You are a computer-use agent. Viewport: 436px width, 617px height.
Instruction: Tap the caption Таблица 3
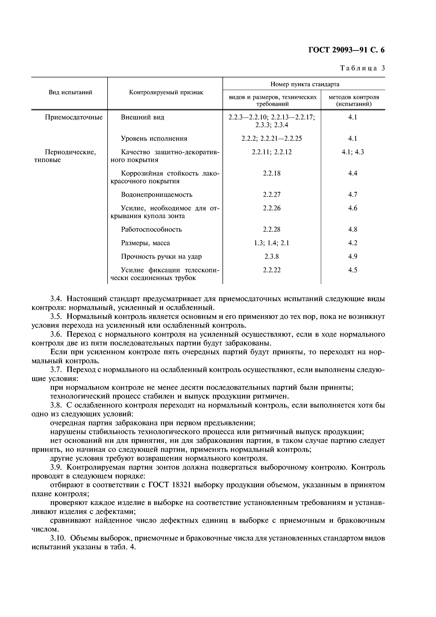pos(362,68)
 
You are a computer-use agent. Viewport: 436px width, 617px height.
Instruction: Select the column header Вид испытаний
pos(70,93)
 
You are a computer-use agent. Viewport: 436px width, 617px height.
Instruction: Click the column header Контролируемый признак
pos(166,93)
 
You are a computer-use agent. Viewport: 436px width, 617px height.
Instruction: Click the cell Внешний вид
pos(142,117)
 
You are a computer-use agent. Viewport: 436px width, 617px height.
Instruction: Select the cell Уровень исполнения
pos(154,139)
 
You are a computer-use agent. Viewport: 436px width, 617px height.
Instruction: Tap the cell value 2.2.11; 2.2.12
pos(272,152)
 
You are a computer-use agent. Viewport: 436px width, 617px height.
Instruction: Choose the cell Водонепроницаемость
pos(157,195)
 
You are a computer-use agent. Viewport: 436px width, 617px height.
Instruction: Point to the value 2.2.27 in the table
pos(272,195)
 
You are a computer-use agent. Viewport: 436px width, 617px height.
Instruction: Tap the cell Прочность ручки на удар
pos(161,257)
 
